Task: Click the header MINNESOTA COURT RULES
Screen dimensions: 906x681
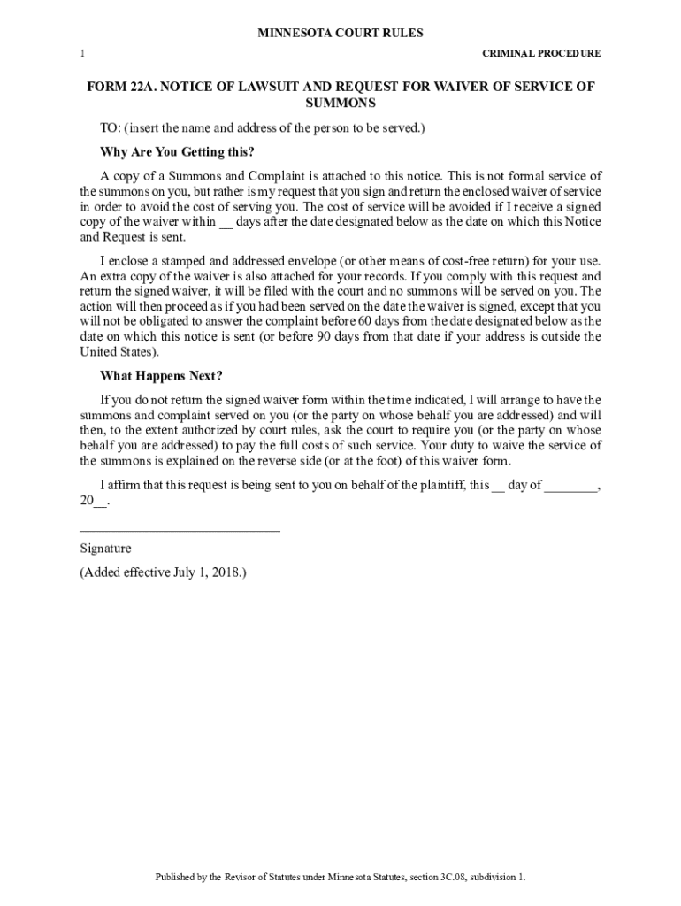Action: point(340,33)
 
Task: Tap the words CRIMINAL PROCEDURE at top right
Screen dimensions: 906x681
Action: point(541,53)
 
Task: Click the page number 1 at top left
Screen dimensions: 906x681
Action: point(82,53)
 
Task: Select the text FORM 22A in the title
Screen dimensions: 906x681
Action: point(117,87)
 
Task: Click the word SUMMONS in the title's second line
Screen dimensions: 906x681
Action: point(340,104)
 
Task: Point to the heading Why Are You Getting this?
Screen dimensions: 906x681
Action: point(177,150)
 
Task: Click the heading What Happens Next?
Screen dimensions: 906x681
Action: point(162,375)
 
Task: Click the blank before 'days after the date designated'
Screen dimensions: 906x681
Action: point(226,223)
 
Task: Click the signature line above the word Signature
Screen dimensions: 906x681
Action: point(180,530)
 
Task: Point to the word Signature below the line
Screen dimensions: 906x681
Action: point(105,549)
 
